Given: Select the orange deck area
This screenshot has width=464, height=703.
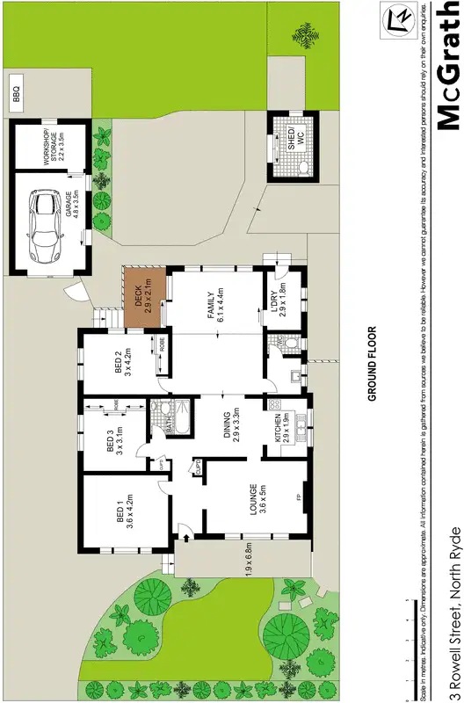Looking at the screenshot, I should pos(140,298).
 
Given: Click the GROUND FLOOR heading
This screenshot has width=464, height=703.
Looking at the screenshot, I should pos(373,364).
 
